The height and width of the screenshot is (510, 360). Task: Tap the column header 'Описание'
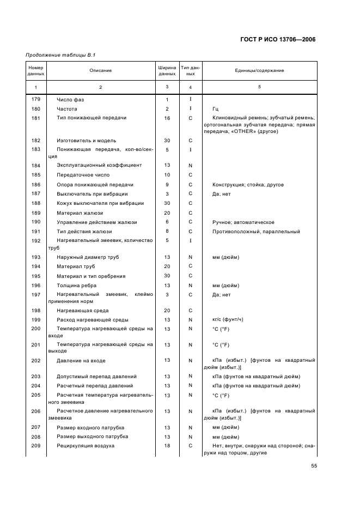point(101,70)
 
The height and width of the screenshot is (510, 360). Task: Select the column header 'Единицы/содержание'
point(259,70)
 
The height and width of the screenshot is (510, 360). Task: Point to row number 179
point(36,99)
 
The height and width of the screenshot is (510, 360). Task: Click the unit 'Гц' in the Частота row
point(216,109)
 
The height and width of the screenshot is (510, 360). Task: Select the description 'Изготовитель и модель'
point(86,141)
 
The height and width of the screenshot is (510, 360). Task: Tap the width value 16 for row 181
point(167,118)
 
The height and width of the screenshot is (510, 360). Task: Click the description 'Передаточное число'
point(83,175)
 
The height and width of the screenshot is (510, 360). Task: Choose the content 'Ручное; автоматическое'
point(243,222)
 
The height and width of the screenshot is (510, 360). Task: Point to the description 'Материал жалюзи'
point(80,212)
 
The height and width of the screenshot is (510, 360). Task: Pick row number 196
point(36,285)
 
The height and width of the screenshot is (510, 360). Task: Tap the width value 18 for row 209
point(167,445)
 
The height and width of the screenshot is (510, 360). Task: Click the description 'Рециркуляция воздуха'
point(86,445)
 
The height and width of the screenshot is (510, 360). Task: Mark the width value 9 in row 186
point(167,185)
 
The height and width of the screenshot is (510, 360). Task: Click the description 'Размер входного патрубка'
point(90,427)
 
